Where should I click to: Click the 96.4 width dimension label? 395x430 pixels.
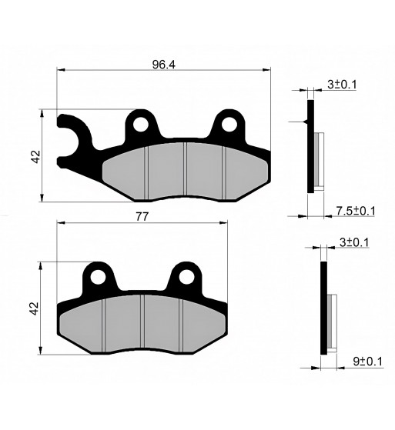coord(163,65)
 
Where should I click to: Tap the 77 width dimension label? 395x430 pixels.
coord(142,217)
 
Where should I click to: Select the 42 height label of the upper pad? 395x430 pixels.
coord(36,157)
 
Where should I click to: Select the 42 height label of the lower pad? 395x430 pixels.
coord(35,308)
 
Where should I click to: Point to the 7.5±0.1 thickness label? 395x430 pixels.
coord(356,211)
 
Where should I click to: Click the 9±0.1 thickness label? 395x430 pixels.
coord(367,362)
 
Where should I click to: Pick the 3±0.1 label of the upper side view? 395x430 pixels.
coord(342,85)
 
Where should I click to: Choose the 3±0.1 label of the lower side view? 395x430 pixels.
coord(354,242)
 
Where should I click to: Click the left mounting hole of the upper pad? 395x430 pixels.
coord(140,125)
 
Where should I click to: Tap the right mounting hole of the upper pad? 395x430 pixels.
coord(229,125)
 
